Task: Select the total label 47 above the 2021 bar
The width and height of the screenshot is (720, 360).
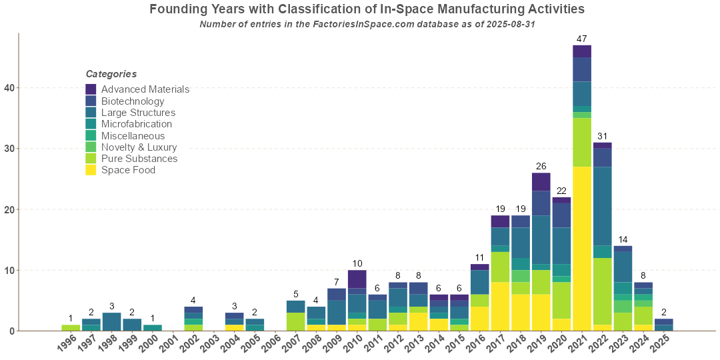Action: pyautogui.click(x=582, y=39)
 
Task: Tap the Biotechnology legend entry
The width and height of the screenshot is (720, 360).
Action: pyautogui.click(x=133, y=101)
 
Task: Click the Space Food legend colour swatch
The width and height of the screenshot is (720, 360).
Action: pyautogui.click(x=91, y=170)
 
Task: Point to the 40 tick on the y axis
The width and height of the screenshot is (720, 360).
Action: pyautogui.click(x=9, y=88)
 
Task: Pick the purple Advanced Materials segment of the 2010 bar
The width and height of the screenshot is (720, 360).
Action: pyautogui.click(x=357, y=279)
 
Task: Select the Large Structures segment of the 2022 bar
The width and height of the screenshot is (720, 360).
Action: pyautogui.click(x=602, y=206)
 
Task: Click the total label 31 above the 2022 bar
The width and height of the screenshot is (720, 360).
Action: pyautogui.click(x=602, y=136)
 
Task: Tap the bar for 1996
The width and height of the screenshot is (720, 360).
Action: pyautogui.click(x=71, y=327)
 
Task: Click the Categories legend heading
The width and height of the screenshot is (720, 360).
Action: pyautogui.click(x=111, y=74)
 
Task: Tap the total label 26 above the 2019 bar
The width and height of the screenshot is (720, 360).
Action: pyautogui.click(x=541, y=166)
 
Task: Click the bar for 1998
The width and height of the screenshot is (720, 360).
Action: pyautogui.click(x=111, y=321)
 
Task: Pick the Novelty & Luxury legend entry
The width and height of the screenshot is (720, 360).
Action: pyautogui.click(x=139, y=147)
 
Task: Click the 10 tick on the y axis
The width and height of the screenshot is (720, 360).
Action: pyautogui.click(x=9, y=270)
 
